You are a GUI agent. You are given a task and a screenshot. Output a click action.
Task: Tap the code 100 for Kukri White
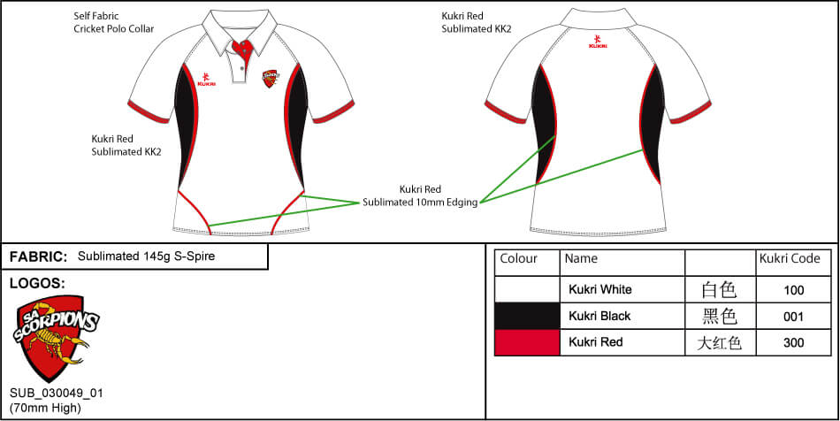tap(793, 289)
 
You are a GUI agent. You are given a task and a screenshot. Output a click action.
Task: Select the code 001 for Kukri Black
tap(793, 316)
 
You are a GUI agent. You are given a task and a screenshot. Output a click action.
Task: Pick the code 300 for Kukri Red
tap(793, 342)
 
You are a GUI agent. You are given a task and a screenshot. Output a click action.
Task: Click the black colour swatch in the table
tap(527, 316)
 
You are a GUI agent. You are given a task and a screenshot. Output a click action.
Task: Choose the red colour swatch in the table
tap(527, 342)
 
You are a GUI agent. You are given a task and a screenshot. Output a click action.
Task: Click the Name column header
tap(581, 259)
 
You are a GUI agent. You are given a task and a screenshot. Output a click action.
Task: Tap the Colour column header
tap(519, 259)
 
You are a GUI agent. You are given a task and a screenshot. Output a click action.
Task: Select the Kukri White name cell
tap(600, 289)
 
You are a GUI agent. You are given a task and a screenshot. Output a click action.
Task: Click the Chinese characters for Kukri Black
tap(718, 316)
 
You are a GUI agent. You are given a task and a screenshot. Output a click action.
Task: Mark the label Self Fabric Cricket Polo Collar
tap(113, 22)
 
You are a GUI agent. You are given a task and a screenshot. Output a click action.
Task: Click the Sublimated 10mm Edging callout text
tap(420, 195)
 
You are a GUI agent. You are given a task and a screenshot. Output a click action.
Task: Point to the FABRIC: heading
tap(38, 256)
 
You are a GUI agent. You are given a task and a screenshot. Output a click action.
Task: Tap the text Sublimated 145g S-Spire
tap(146, 256)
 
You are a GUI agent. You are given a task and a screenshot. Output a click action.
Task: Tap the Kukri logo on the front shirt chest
tap(206, 80)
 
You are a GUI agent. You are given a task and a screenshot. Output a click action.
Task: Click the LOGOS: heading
tap(36, 284)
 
